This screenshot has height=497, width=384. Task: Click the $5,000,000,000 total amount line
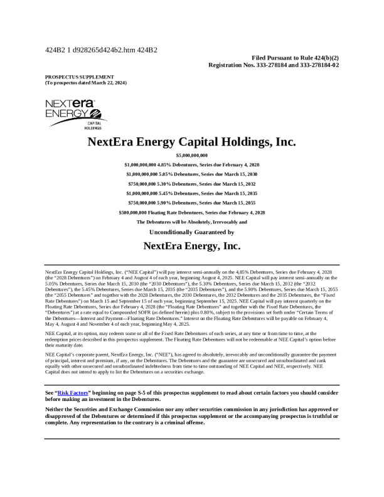(x=191, y=155)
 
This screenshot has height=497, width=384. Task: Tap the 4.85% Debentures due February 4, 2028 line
(x=191, y=164)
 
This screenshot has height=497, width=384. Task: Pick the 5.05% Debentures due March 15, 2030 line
(x=191, y=174)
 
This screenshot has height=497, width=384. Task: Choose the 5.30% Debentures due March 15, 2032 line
(x=191, y=184)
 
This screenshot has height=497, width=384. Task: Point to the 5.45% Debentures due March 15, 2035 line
(x=191, y=193)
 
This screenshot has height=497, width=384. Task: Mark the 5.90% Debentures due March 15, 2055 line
(x=191, y=203)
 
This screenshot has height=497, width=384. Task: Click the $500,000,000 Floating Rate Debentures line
(x=191, y=213)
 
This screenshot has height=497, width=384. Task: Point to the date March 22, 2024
(x=106, y=83)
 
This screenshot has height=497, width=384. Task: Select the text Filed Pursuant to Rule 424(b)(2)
(x=295, y=57)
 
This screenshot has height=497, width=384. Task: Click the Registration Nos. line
(x=274, y=65)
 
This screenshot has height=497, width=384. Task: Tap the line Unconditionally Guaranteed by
(x=191, y=232)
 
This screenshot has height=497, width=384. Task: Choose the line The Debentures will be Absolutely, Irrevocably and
(x=191, y=222)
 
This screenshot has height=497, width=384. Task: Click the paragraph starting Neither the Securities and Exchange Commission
(x=191, y=416)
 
